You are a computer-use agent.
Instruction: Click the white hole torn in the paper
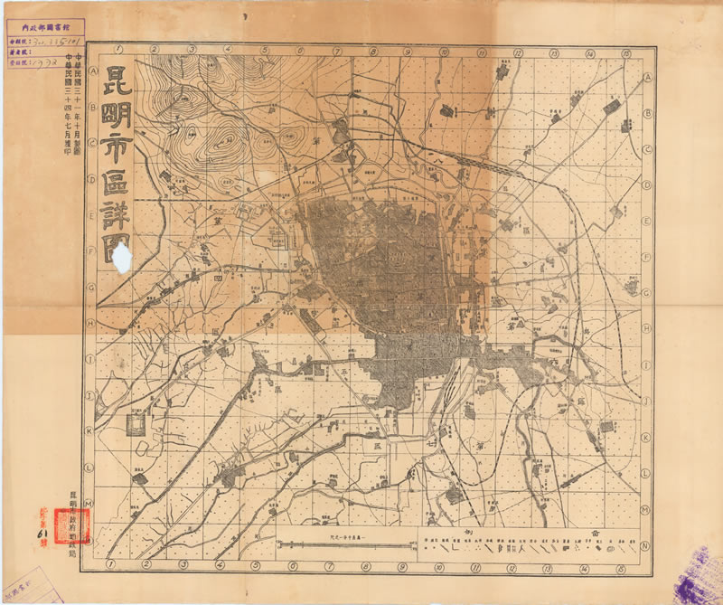[123, 257]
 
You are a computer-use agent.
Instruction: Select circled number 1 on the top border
[117, 50]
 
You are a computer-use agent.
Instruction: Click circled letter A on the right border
[648, 78]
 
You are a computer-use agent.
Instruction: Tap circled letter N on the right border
[645, 546]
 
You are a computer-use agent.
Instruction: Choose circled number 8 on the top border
[371, 51]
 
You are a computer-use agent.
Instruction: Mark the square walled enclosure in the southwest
[136, 426]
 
